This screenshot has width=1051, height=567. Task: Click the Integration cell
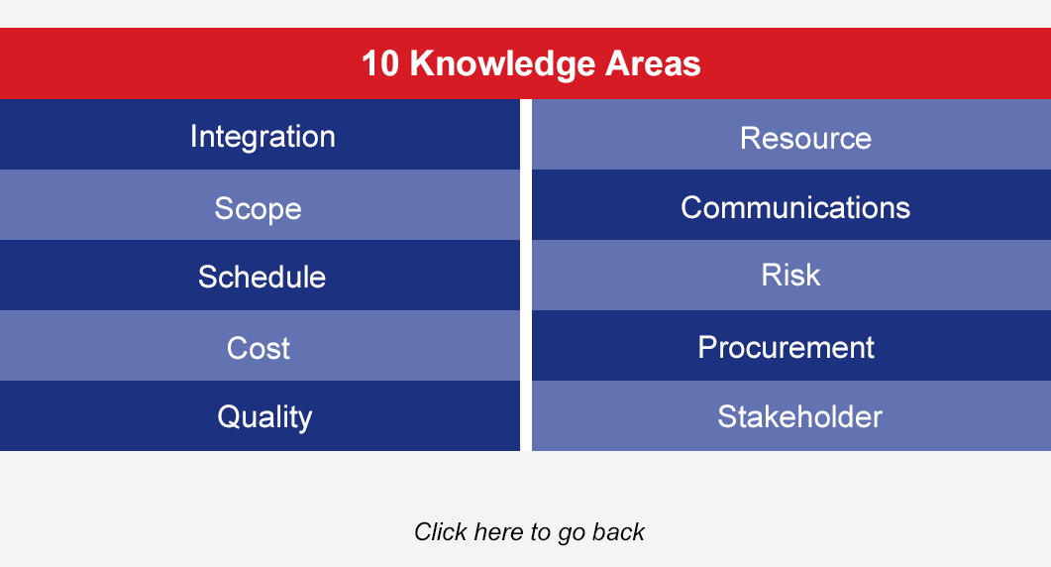261,134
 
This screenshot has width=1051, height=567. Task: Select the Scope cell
261,204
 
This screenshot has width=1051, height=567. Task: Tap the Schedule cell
261,276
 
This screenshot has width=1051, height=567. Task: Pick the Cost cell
261,346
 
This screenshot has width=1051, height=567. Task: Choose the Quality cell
261,416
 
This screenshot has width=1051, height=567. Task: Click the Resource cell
791,134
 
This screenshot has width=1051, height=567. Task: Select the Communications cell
791,204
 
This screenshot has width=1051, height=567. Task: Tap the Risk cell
791,276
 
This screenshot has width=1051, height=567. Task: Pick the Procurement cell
791,346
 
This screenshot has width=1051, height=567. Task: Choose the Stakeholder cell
791,416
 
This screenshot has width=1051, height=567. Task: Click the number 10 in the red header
380,63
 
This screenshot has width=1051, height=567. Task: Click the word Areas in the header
653,63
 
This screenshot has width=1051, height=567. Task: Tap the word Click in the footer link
441,531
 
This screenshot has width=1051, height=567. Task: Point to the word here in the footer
498,532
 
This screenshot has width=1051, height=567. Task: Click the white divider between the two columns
526,276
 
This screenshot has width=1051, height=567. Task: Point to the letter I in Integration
194,136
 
